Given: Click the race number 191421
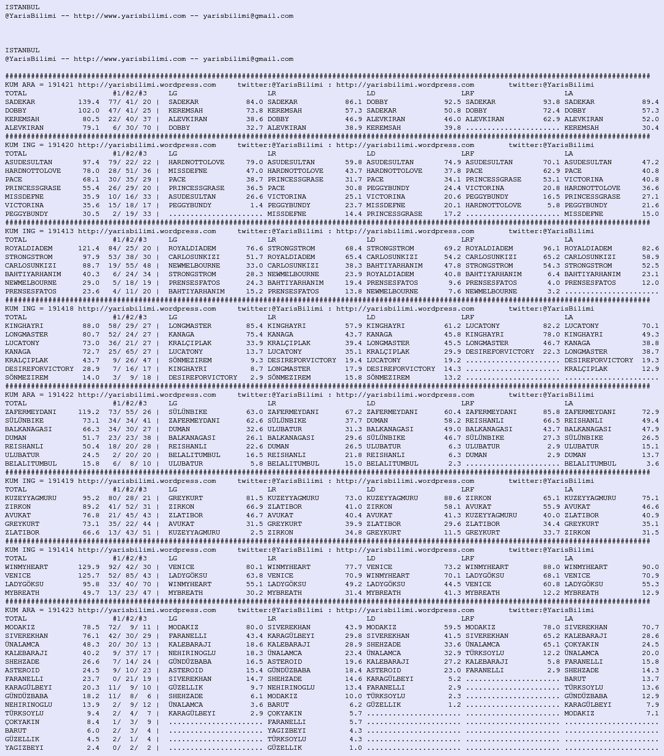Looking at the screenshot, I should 60,85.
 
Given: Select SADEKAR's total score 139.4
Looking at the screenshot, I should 89,102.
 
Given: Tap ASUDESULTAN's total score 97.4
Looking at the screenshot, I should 90,162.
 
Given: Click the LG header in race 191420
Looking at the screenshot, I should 173,154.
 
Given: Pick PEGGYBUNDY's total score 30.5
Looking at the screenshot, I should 90,214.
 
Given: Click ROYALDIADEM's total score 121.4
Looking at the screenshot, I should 89,249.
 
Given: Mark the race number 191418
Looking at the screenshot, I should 60,309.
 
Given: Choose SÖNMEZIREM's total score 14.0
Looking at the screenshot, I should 90,378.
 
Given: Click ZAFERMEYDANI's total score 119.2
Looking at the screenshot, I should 89,412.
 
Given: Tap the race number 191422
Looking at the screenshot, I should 60,395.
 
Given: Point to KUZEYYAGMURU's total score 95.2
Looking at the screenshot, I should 90,498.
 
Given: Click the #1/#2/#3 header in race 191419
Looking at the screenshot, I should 129,490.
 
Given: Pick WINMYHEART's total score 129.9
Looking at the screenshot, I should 89,567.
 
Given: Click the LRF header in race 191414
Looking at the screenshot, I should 467,559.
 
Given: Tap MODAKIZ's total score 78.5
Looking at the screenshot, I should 90,627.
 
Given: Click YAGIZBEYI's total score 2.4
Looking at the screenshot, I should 93,748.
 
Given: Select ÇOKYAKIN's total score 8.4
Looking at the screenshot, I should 93,722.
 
